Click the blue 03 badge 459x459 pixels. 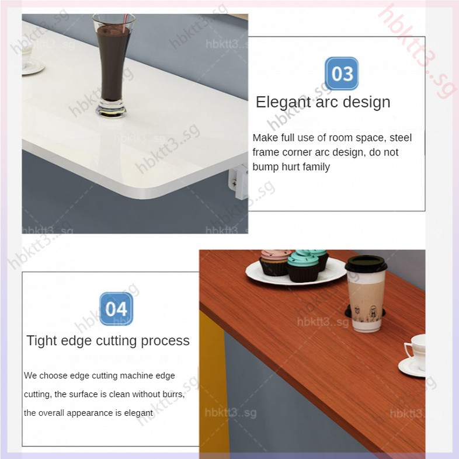click(x=342, y=74)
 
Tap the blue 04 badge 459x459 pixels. click(x=116, y=309)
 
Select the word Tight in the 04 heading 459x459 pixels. click(x=41, y=341)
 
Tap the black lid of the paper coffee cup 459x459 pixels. click(x=366, y=263)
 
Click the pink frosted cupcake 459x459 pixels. click(x=274, y=262)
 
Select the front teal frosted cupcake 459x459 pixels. click(x=303, y=267)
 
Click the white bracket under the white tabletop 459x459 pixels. click(x=239, y=181)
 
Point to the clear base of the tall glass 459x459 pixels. click(x=111, y=109)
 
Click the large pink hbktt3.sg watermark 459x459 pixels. click(x=417, y=51)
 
